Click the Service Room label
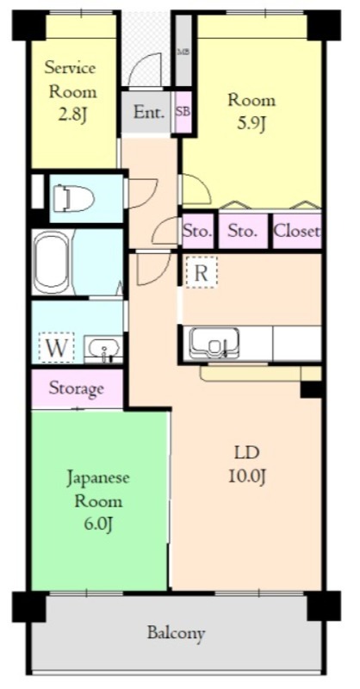71,79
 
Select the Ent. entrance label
150,112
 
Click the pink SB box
183,112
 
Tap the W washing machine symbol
55,348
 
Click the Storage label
76,388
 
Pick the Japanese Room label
98,488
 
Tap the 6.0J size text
98,524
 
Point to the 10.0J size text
246,476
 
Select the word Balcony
176,633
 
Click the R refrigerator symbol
201,273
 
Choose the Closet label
297,231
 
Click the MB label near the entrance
183,52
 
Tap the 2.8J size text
71,115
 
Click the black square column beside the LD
310,389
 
